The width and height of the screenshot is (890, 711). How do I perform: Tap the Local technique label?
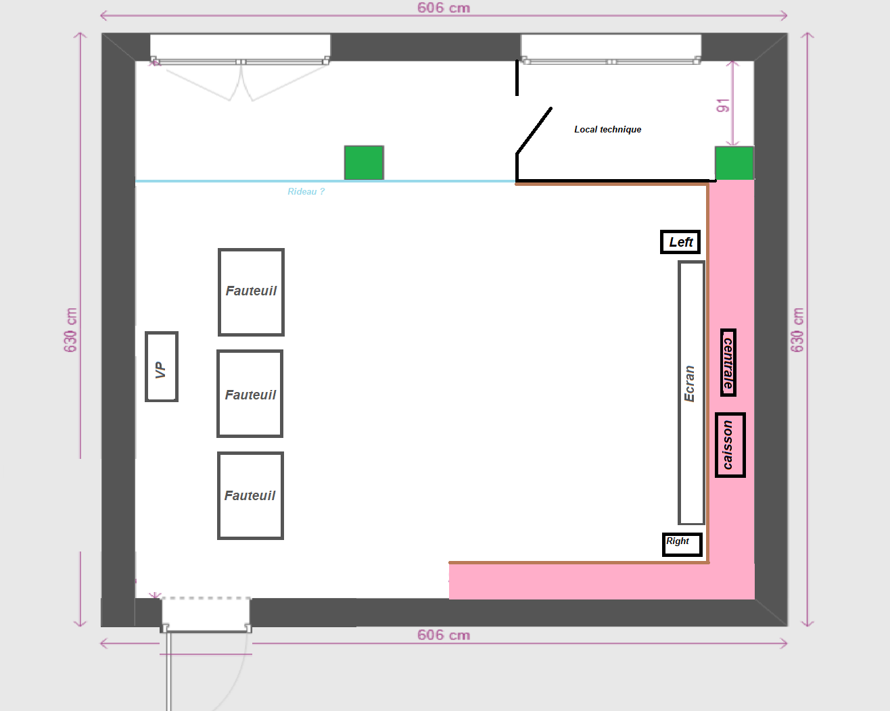607,129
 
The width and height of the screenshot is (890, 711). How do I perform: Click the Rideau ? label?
306,191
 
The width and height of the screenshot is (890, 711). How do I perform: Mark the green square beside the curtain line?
364,162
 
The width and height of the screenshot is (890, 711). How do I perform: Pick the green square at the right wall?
734,163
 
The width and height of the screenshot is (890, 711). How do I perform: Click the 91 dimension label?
722,105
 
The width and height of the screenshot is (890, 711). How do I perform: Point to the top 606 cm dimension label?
444,8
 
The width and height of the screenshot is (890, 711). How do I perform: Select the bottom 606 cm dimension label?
444,635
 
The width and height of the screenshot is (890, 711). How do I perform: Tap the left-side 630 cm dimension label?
71,330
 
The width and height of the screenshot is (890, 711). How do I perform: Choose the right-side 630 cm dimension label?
797,330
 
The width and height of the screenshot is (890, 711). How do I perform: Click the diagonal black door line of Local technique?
534,130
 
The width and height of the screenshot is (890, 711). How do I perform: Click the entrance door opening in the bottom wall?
206,614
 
